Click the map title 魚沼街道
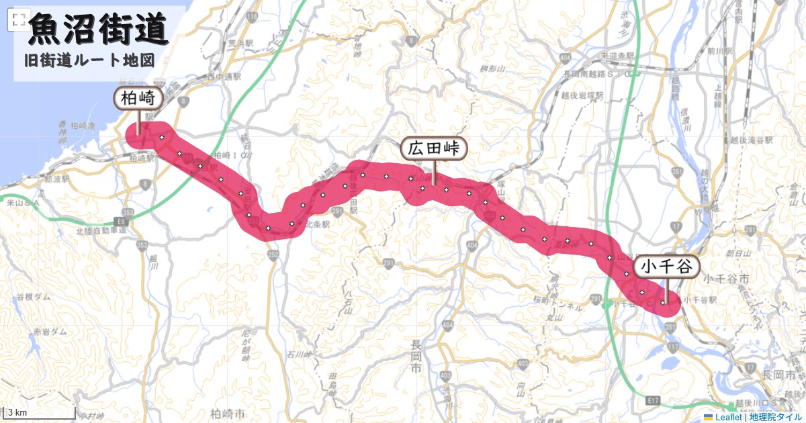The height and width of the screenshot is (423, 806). coord(98,30)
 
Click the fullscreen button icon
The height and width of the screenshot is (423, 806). coord(18,20)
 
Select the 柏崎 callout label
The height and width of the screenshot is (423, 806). coord(138,99)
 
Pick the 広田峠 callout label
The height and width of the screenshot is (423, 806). coord(433,149)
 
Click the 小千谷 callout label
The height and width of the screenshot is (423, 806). coord(665,267)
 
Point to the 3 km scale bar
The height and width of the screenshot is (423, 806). coord(38,412)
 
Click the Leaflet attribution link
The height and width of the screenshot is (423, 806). coord(727,417)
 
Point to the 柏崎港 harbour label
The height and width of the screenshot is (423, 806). coord(84,126)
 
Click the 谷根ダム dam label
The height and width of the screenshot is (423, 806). coord(33,297)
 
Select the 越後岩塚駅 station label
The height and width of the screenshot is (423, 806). coord(584,95)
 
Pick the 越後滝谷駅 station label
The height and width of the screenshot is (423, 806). coord(752,140)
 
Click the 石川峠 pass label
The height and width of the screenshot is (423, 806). coord(300,354)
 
